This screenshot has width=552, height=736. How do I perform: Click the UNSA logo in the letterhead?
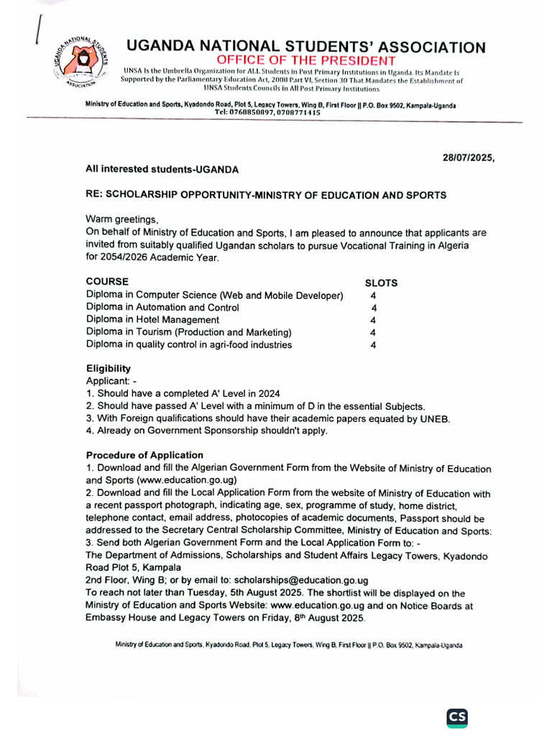(x=78, y=63)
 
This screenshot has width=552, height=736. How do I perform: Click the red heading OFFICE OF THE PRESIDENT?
(x=306, y=61)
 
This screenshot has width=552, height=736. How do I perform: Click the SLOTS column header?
(x=381, y=283)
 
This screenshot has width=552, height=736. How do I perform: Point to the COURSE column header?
(x=108, y=282)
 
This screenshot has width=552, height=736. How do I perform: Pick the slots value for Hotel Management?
(x=373, y=321)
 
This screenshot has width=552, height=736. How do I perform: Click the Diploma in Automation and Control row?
(x=162, y=308)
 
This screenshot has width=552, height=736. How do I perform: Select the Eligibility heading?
(x=109, y=369)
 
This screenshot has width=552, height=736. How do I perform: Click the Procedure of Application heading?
(x=144, y=456)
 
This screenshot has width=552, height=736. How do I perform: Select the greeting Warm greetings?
(x=121, y=219)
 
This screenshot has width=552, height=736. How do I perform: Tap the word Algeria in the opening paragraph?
(x=451, y=245)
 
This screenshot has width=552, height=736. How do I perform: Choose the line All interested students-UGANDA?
(x=162, y=169)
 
